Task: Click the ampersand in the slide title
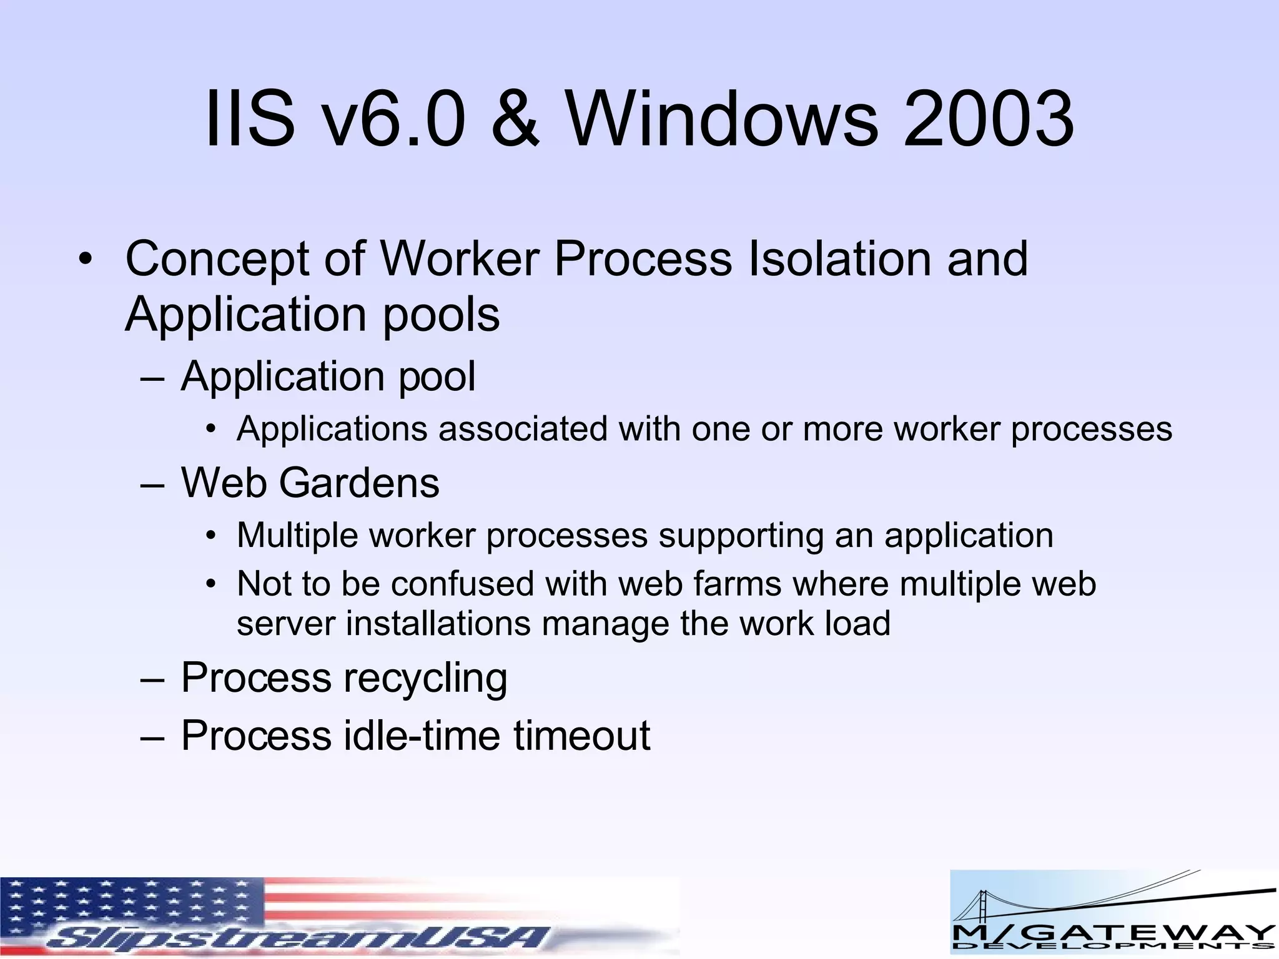point(515,119)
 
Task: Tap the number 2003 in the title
point(989,119)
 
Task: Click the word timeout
point(582,735)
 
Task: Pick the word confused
point(462,584)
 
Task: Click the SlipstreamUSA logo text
point(294,937)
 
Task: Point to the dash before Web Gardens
point(152,484)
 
